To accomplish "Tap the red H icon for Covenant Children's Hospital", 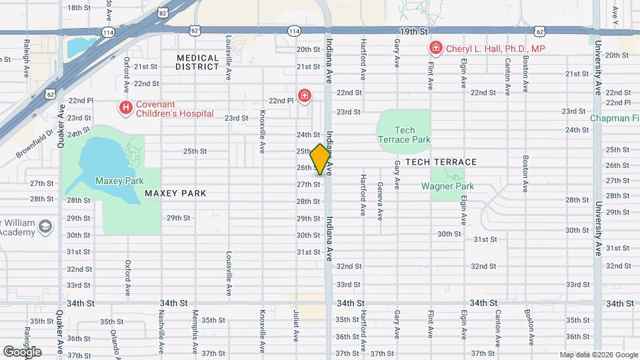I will (124, 107).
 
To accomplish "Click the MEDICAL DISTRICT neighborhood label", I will (197, 63).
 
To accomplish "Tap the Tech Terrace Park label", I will (405, 135).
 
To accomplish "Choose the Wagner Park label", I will (447, 186).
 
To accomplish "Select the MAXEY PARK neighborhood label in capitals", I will (175, 193).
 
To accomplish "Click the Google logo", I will (22, 351).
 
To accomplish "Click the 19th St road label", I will (413, 31).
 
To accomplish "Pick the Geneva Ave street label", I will (380, 201).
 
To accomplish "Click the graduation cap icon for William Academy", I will (45, 227).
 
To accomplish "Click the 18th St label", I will (79, 7).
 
